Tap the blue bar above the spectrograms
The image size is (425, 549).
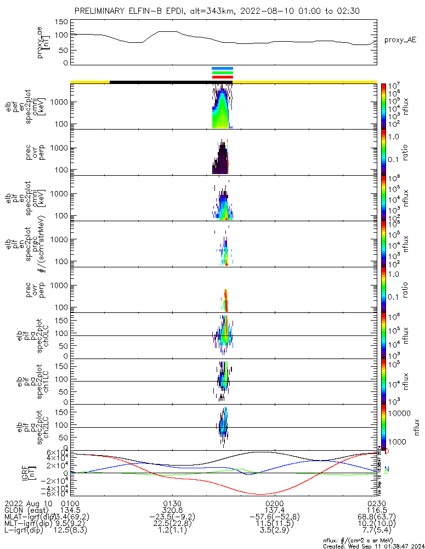tap(223, 69)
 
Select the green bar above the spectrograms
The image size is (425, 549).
tap(223, 73)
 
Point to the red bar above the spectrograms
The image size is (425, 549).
tap(223, 77)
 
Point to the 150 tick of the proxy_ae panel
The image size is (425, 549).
tap(62, 22)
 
